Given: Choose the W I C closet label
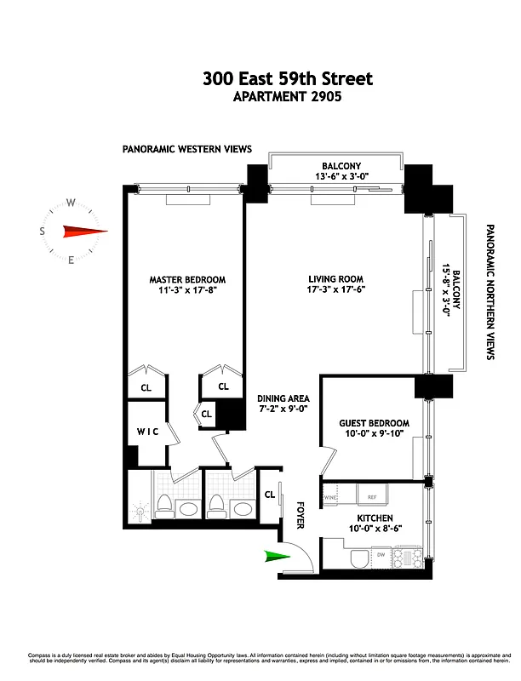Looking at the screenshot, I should point(149,432).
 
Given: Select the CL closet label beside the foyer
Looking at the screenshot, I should point(270,495).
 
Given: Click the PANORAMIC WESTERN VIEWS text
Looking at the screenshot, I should point(187,149).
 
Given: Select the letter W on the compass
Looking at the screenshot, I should point(72,203).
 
